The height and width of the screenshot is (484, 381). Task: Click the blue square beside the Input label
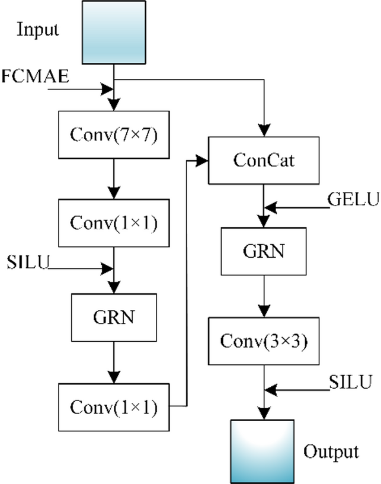[113, 32]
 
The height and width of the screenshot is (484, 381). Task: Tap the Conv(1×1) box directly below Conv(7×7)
[113, 223]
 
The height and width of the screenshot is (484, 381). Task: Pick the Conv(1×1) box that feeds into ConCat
[113, 407]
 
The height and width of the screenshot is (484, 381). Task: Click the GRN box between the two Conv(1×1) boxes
[113, 317]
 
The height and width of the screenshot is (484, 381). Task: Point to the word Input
[38, 29]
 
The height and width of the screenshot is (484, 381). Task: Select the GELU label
[353, 200]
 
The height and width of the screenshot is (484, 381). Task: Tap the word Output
[331, 452]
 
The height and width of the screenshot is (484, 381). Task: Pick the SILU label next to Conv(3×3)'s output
[351, 382]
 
